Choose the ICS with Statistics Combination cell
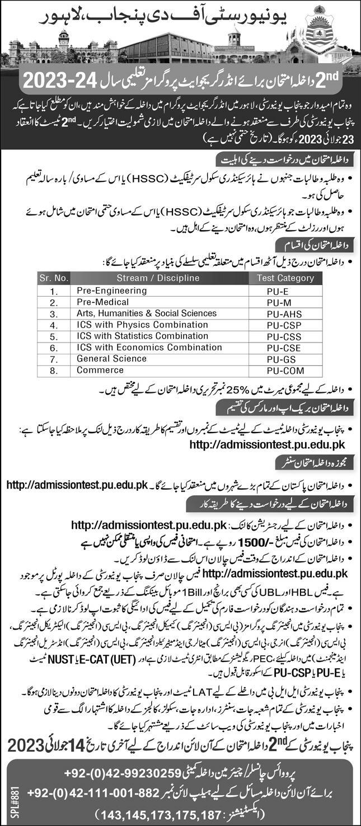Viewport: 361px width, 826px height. (x=135, y=336)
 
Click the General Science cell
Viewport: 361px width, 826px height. (x=104, y=359)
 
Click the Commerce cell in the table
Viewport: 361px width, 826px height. (x=93, y=370)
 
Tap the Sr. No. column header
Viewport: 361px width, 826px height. (x=53, y=278)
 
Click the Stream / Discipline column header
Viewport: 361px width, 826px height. (x=158, y=278)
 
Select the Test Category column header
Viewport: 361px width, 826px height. (x=285, y=278)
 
